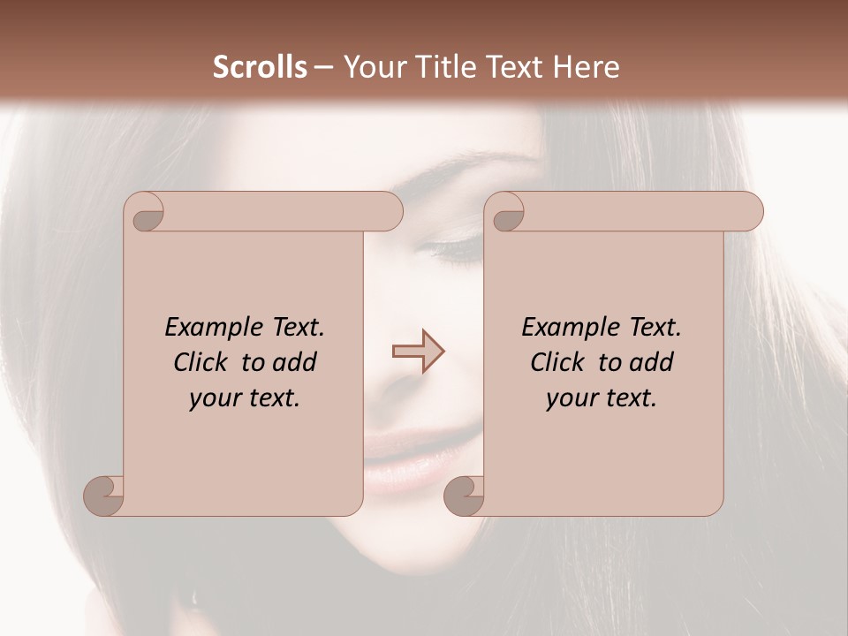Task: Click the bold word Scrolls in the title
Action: pyautogui.click(x=261, y=67)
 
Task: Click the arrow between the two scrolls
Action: pyautogui.click(x=418, y=352)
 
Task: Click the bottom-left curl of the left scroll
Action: pyautogui.click(x=104, y=495)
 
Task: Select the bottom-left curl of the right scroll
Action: pyautogui.click(x=464, y=495)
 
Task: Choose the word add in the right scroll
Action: pyautogui.click(x=653, y=362)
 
